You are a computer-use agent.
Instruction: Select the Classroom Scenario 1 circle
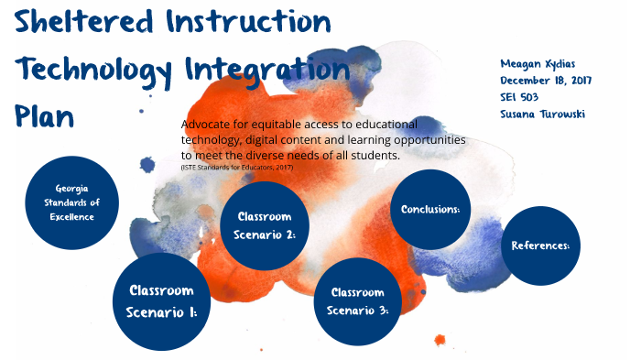click(161, 302)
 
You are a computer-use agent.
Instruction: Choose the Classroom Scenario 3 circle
click(356, 302)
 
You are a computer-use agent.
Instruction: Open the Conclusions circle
click(430, 210)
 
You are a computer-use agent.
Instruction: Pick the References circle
click(540, 245)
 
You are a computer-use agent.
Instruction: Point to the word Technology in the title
click(94, 70)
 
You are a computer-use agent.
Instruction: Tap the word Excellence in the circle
click(72, 217)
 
